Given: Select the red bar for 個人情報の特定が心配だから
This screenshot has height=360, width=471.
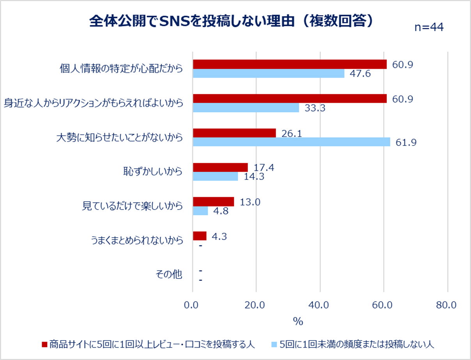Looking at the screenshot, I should (x=290, y=64).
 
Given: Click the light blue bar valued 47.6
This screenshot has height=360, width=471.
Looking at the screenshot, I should (x=269, y=74).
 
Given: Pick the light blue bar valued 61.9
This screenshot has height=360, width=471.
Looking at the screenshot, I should (x=291, y=142).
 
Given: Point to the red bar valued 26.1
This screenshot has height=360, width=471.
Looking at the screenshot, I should (x=234, y=133).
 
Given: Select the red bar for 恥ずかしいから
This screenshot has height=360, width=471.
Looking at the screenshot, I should (x=220, y=167).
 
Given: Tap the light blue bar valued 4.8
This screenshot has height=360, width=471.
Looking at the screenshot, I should (x=200, y=211).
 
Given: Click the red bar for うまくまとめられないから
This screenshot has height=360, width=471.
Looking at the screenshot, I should (x=200, y=236).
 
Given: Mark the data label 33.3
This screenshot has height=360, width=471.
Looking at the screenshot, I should (x=315, y=108).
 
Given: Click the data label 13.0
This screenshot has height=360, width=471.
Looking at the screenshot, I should (x=250, y=202).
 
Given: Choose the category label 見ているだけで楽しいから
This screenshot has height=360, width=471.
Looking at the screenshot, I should (x=132, y=206).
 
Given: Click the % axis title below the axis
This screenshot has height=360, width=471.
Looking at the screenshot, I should (x=298, y=321).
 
